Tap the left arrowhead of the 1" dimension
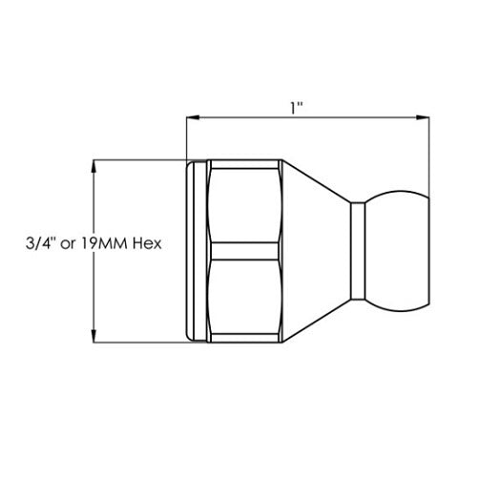tap(192, 118)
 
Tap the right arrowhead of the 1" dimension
tap(422, 118)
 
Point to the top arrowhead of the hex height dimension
tap(93, 164)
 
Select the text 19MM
tap(102, 243)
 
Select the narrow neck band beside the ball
tap(359, 251)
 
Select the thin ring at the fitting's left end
tap(197, 251)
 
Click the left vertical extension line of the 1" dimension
tap(186, 138)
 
